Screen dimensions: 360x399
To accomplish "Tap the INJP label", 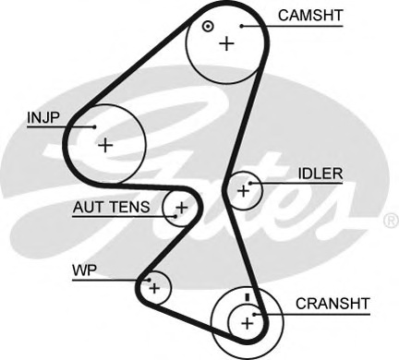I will tap(42, 117).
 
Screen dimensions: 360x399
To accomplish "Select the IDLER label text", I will tap(320, 173).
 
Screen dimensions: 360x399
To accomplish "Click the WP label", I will tap(84, 270).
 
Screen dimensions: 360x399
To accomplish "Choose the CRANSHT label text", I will tap(332, 303).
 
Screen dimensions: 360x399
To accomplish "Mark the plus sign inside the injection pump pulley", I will tap(106, 145).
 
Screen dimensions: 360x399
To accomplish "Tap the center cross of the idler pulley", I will tap(244, 191).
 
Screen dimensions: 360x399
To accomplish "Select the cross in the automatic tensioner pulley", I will tap(181, 208).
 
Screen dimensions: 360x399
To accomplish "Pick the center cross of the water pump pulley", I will tap(154, 289).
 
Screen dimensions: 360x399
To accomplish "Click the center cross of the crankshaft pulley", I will tap(246, 323).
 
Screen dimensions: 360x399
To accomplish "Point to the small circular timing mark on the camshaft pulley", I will tap(209, 26).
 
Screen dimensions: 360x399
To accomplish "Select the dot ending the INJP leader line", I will tap(94, 126).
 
